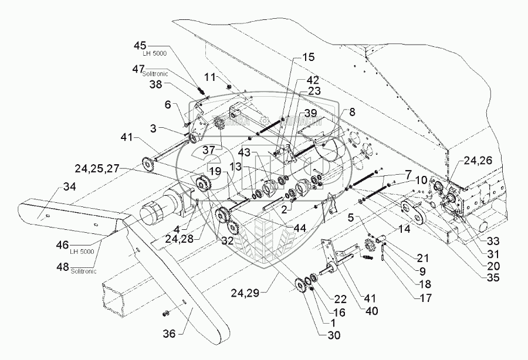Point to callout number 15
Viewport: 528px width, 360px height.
coord(309,57)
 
